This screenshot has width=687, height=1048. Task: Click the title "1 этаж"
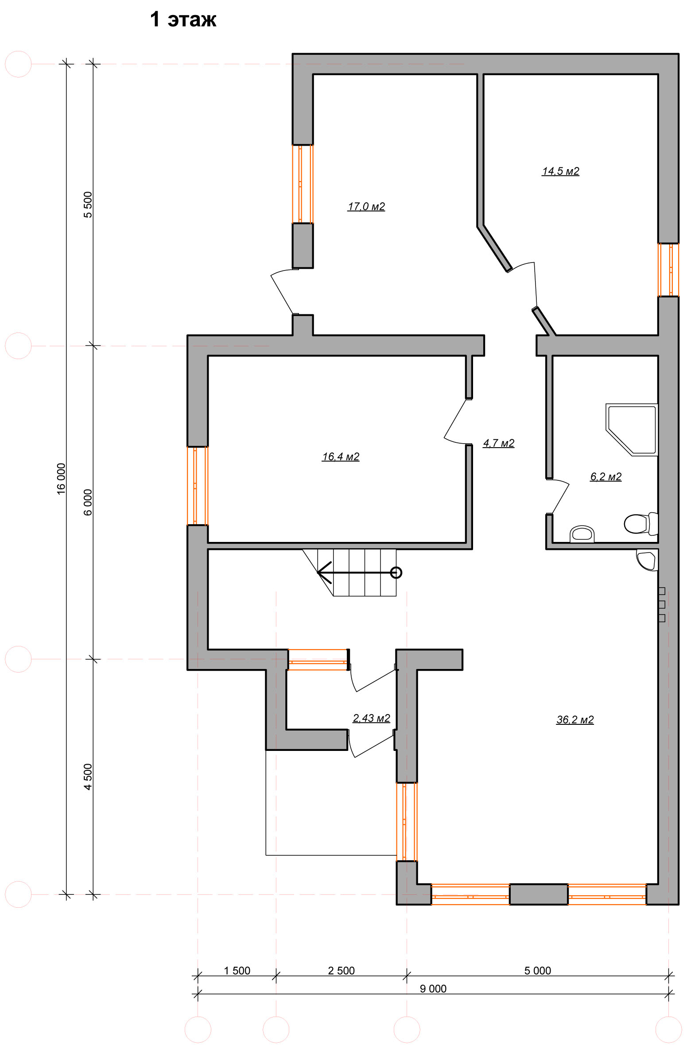coord(183,19)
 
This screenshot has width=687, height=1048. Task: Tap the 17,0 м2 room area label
coord(366,207)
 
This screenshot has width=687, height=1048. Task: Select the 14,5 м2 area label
coord(560,171)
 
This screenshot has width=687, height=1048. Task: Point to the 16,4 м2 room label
coord(341,456)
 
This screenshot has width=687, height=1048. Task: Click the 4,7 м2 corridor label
coord(499,443)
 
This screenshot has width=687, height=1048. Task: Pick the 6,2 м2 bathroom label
coord(606,477)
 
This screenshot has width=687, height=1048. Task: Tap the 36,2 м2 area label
coord(575,720)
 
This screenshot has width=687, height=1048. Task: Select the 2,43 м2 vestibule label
coord(371,718)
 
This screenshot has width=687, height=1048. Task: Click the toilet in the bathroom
coord(640,523)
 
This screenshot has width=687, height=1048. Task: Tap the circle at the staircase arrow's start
coord(396,573)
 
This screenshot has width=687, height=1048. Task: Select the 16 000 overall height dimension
coord(61,479)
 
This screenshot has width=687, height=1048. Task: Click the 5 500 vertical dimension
coord(88,205)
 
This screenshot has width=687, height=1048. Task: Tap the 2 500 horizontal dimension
coord(341,971)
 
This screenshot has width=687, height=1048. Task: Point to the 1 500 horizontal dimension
coord(237,971)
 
